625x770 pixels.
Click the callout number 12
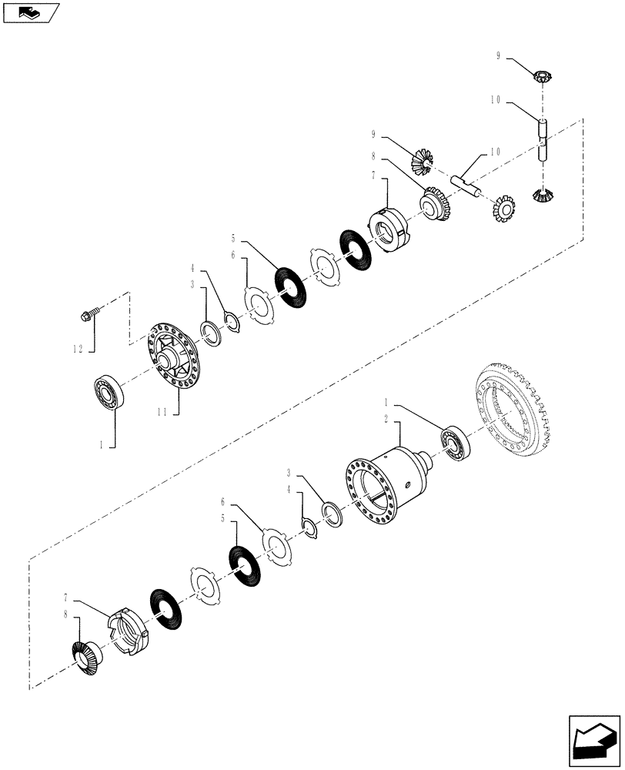(79, 349)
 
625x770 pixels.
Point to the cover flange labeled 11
(175, 357)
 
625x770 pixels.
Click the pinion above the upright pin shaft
(543, 75)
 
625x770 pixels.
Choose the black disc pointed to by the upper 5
(290, 286)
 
